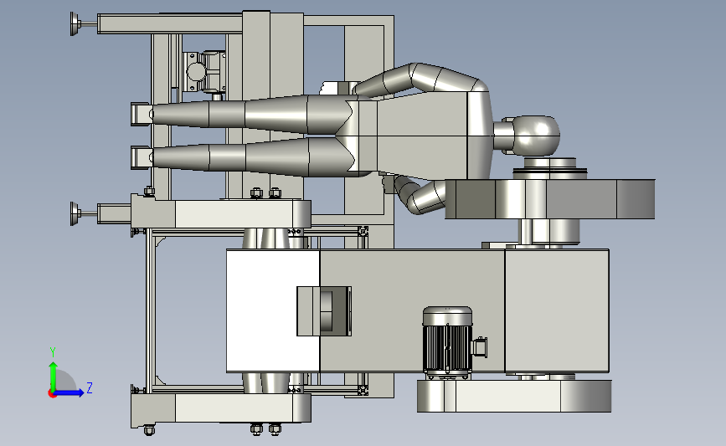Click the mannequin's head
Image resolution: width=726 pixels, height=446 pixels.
coord(536,135)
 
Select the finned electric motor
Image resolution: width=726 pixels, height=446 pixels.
coord(448,341)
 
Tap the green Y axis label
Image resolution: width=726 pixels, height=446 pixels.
coord(53,352)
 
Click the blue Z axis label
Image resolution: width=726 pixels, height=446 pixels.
coord(90,387)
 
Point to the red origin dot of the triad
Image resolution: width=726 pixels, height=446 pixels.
coord(52,394)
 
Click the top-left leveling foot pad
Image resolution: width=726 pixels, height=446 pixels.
coord(74,23)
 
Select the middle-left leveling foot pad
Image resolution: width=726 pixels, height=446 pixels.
coord(74,213)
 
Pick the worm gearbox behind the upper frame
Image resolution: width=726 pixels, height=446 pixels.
coord(204,72)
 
